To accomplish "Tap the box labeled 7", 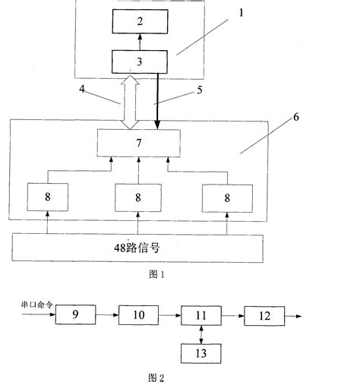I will click(x=138, y=143).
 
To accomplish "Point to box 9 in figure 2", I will click(x=76, y=314).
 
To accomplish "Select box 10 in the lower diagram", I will click(x=137, y=314).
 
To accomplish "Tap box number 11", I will click(x=200, y=314).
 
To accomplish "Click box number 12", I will click(x=263, y=314).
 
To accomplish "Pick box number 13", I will click(x=200, y=353).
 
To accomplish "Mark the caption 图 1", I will click(x=158, y=276).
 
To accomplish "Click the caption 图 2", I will click(x=156, y=375).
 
